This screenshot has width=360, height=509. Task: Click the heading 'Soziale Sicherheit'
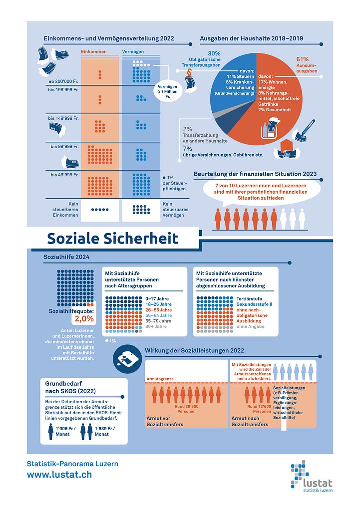click(112, 238)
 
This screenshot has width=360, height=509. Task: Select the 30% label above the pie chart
click(214, 53)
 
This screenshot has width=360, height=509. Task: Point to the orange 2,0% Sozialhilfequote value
click(83, 319)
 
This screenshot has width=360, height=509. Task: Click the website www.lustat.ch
click(59, 475)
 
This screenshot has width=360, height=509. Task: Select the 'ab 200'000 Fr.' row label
click(63, 81)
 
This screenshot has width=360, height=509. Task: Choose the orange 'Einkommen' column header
click(93, 51)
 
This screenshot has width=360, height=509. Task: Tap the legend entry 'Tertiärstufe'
click(242, 298)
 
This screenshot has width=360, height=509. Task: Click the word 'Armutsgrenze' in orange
click(160, 379)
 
